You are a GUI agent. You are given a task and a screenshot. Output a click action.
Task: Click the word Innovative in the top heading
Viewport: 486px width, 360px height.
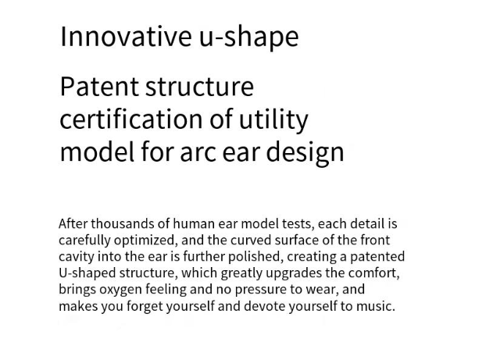[x=126, y=36]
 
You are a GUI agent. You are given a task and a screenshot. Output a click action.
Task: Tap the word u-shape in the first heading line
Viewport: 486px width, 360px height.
[x=249, y=38]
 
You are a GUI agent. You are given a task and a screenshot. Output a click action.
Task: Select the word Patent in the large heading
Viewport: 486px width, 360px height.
[x=99, y=87]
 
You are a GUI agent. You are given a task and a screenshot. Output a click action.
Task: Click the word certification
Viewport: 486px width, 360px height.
[x=131, y=119]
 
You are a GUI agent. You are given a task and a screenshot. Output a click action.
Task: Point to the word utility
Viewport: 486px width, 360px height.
[x=273, y=121]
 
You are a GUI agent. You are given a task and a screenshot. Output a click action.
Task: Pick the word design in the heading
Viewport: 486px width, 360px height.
[x=306, y=153]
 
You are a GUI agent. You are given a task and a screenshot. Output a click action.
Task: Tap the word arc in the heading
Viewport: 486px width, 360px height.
[x=198, y=153]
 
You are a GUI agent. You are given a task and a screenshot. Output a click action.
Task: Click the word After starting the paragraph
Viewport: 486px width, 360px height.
[x=73, y=223]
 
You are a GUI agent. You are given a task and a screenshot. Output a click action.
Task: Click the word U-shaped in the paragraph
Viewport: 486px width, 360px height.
[x=87, y=273]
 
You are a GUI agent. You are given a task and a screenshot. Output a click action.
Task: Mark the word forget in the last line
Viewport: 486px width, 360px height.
[x=145, y=306]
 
